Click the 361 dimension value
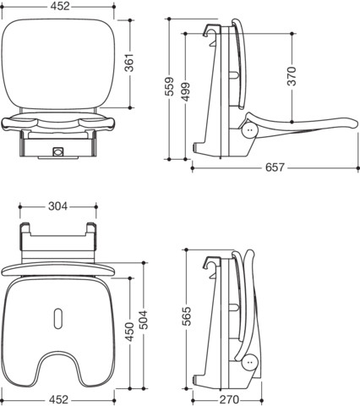pyautogui.click(x=129, y=63)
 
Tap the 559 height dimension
pyautogui.click(x=170, y=86)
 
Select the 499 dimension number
pyautogui.click(x=185, y=91)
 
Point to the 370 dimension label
pyautogui.click(x=292, y=76)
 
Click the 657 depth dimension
pyautogui.click(x=275, y=167)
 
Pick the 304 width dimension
pyautogui.click(x=58, y=206)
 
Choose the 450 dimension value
pyautogui.click(x=130, y=332)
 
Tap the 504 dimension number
pyautogui.click(x=144, y=320)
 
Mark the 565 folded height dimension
pyautogui.click(x=187, y=316)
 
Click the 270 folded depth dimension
pyautogui.click(x=229, y=400)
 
